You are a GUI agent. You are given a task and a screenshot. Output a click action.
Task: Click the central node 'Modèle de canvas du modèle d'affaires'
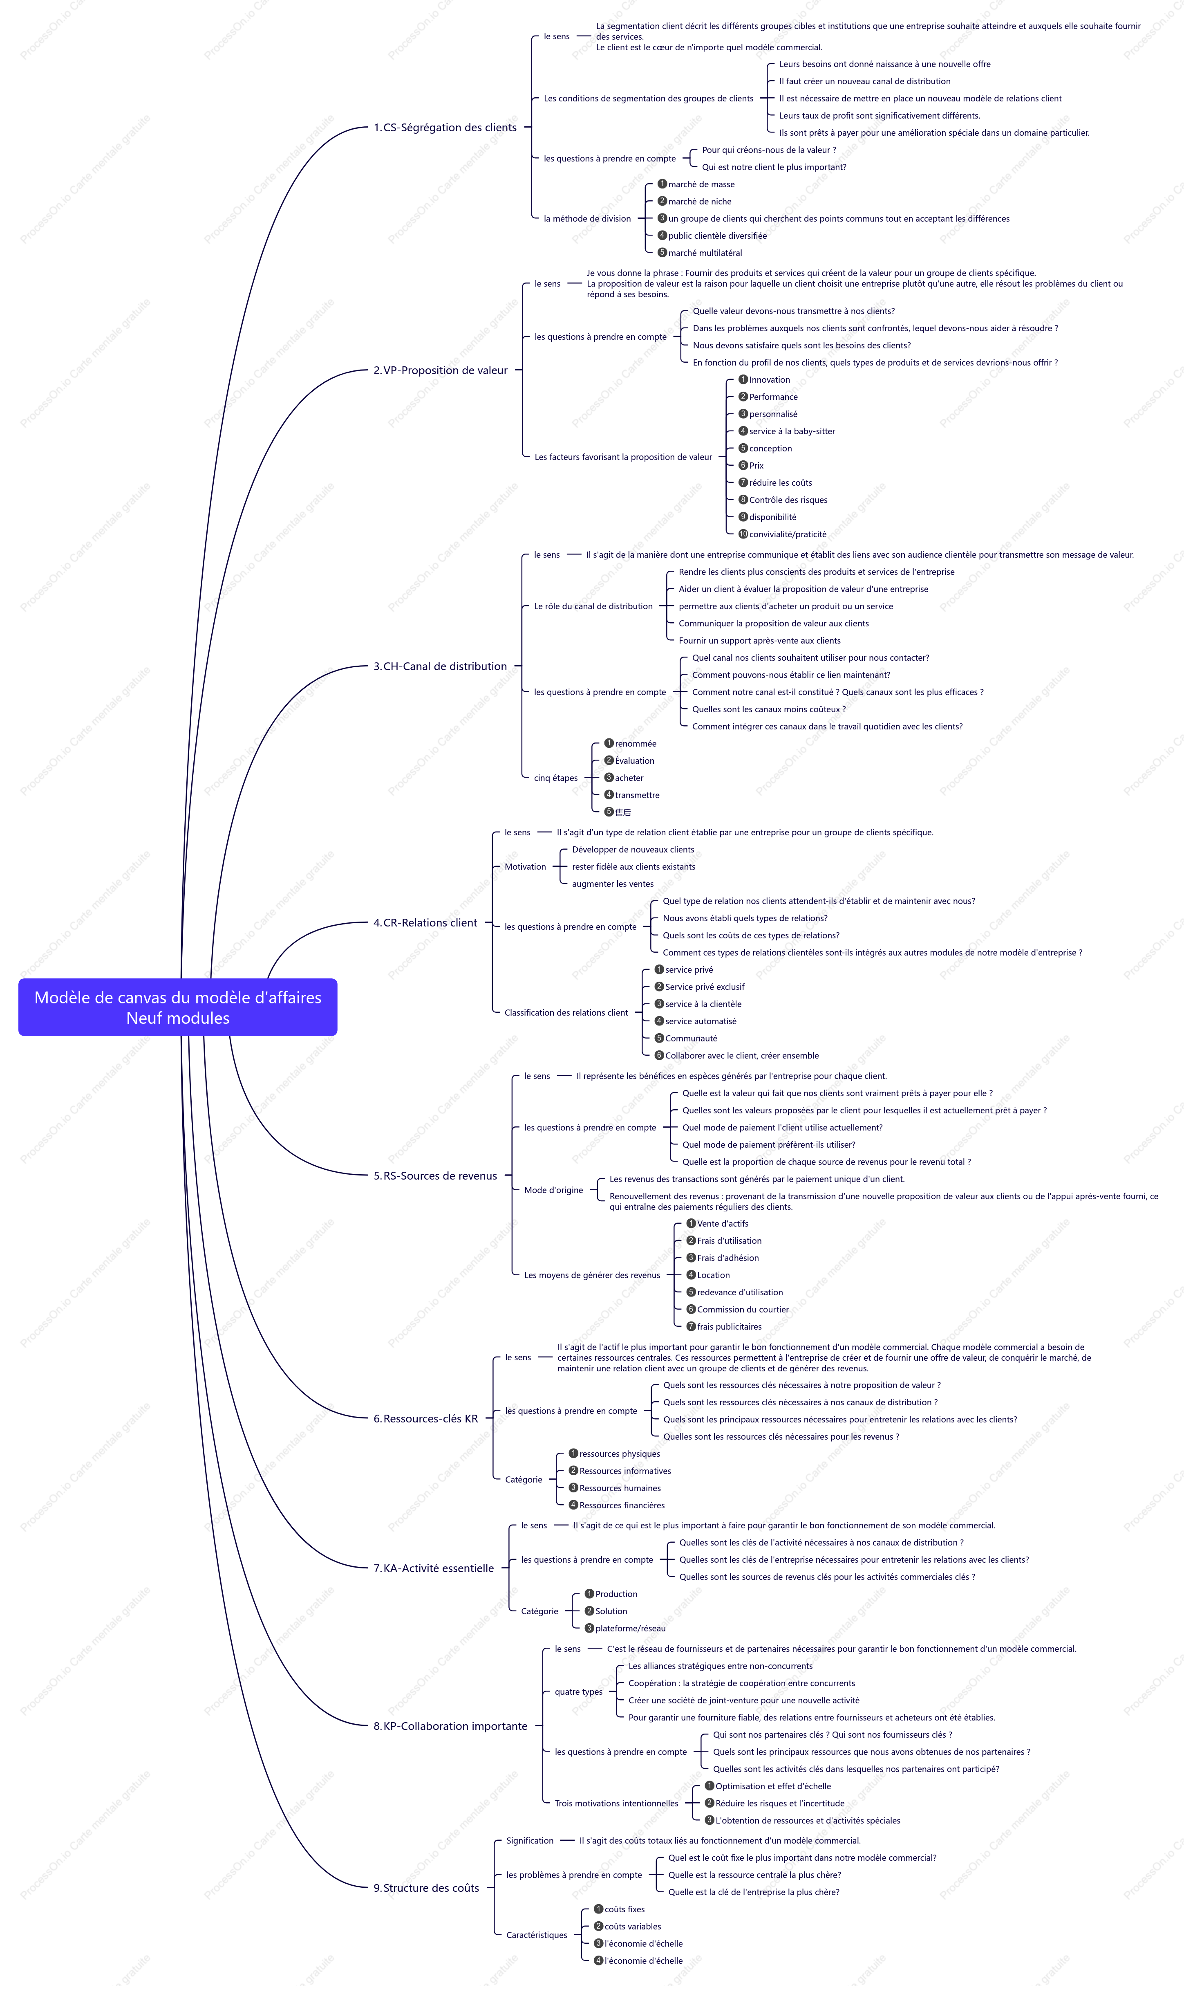pos(178,1007)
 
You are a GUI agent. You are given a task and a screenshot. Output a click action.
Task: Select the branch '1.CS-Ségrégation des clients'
pos(445,128)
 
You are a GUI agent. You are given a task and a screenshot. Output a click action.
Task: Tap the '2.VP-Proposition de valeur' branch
pos(441,370)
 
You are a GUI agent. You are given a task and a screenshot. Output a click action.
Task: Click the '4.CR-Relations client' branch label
pos(425,922)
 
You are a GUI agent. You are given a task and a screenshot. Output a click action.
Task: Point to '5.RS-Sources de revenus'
pos(435,1175)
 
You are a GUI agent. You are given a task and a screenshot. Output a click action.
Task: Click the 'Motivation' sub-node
pos(525,867)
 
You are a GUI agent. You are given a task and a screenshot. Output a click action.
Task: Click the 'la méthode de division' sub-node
pos(587,219)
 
